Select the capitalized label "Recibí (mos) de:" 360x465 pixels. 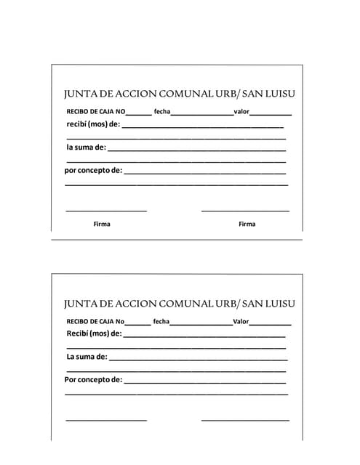point(94,333)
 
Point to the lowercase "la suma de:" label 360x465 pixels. point(86,147)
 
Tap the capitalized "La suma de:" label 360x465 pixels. point(87,357)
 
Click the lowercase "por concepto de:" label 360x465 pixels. point(93,171)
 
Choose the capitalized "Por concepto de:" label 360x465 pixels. point(93,380)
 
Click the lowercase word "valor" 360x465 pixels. point(241,112)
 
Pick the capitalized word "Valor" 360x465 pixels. point(241,321)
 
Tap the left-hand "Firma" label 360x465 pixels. point(102,224)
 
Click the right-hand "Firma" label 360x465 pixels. point(247,224)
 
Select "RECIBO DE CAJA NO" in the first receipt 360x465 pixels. point(95,112)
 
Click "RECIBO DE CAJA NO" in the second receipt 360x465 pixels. point(95,321)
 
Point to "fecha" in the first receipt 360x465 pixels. point(161,112)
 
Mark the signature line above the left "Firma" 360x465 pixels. point(106,211)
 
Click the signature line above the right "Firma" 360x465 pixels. point(245,211)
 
